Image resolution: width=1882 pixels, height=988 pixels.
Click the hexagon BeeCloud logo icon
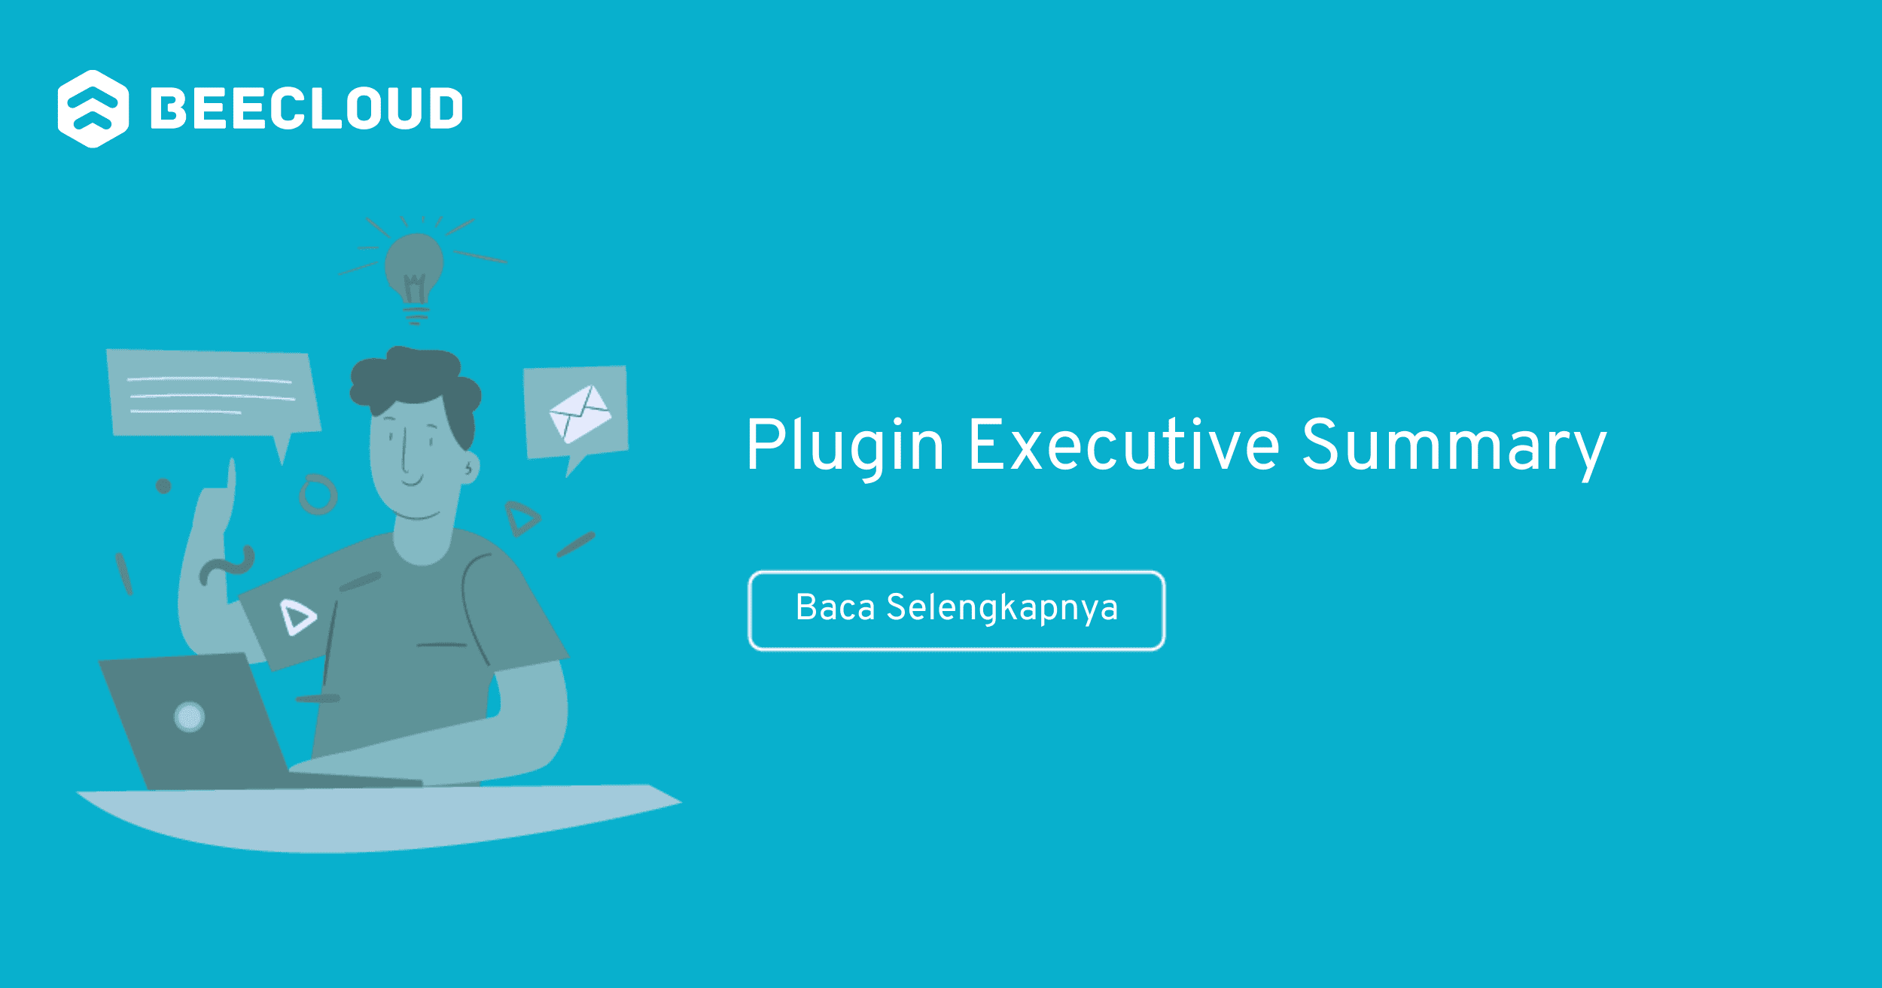(x=93, y=109)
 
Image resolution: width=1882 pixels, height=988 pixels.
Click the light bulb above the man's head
(x=414, y=267)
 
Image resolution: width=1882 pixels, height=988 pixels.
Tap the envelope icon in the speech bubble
(x=580, y=413)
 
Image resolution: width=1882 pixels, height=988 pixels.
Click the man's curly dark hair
(x=414, y=380)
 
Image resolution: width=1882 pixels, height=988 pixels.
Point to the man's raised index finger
(x=231, y=482)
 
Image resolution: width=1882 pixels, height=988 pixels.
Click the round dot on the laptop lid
(x=189, y=716)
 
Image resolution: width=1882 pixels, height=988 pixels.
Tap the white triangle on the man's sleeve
(x=297, y=617)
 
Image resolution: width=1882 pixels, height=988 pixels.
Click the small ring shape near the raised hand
(x=318, y=494)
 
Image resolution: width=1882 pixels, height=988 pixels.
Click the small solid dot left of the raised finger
(x=163, y=486)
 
